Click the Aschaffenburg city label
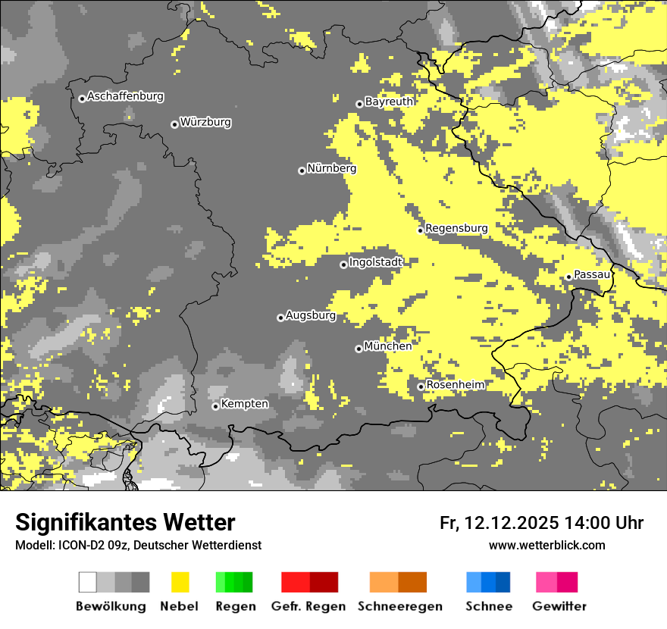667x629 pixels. pos(125,96)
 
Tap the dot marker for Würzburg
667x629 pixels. pos(174,124)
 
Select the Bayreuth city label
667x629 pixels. pos(389,102)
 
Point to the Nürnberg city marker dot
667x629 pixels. pos(302,171)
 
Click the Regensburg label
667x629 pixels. pos(456,228)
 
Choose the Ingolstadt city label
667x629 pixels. pos(375,262)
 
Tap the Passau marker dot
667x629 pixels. pos(568,277)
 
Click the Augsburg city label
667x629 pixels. pos(310,315)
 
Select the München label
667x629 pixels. pos(388,346)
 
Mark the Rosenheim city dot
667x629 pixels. pos(421,386)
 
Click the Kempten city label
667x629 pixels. pos(244,404)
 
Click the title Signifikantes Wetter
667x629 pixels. pos(125,522)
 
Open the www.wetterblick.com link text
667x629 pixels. pos(546,545)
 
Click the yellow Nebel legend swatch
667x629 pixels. pos(180,582)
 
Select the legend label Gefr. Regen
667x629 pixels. pos(308,606)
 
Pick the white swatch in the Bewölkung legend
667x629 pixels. pos(88,582)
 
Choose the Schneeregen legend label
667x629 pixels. pos(400,606)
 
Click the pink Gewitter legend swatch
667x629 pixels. pos(546,582)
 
